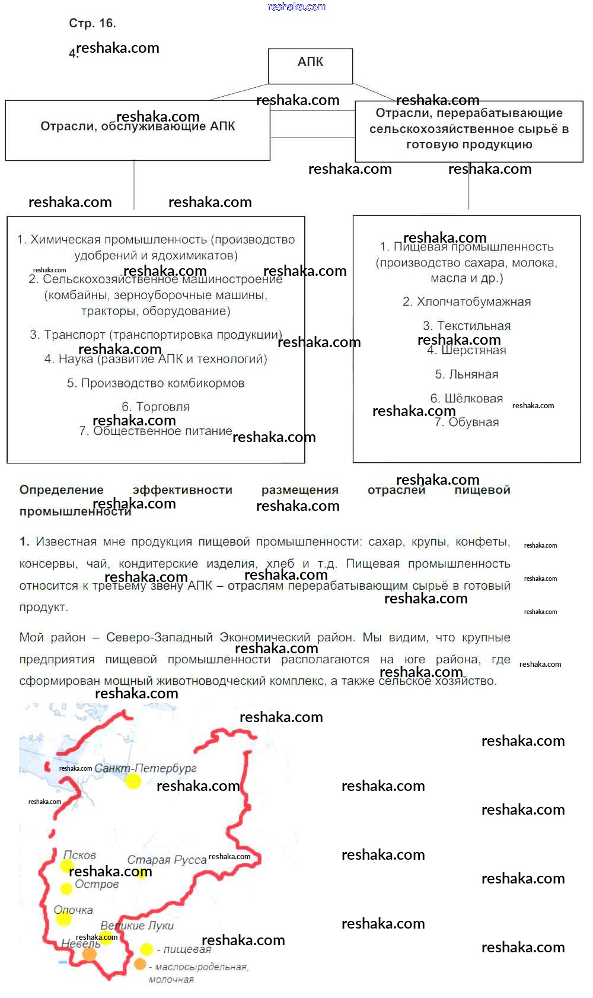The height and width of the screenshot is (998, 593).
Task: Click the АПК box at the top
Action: click(x=310, y=66)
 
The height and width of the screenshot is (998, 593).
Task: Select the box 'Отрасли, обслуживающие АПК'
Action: click(x=138, y=130)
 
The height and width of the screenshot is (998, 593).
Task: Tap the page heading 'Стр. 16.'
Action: click(x=93, y=24)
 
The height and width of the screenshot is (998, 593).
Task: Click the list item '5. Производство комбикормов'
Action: click(x=155, y=383)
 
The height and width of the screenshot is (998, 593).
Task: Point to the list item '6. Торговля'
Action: click(x=155, y=407)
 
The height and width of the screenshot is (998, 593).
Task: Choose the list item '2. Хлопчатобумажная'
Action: click(x=467, y=302)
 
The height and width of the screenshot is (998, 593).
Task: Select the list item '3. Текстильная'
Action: click(x=467, y=326)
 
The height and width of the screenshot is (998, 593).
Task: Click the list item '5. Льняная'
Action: click(x=467, y=374)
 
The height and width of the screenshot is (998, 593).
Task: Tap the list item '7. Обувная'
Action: click(x=467, y=422)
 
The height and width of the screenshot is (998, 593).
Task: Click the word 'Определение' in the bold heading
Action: click(x=62, y=490)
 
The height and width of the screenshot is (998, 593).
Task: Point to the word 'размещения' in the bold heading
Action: click(x=300, y=490)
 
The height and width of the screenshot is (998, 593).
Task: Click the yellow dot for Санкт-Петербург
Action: click(x=133, y=781)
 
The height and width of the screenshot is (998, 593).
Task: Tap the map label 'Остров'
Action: click(x=97, y=885)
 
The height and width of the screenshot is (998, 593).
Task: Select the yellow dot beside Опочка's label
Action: click(x=63, y=919)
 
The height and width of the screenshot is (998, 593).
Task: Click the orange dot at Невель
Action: click(x=89, y=954)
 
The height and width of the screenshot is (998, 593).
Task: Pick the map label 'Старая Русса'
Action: click(x=167, y=860)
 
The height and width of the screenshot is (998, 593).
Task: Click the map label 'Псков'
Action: click(x=80, y=855)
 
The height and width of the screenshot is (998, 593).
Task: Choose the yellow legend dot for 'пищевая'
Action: click(x=146, y=949)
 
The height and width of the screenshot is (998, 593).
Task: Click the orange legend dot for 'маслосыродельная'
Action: click(x=140, y=964)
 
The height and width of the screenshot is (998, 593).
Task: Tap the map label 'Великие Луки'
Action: click(x=137, y=926)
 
